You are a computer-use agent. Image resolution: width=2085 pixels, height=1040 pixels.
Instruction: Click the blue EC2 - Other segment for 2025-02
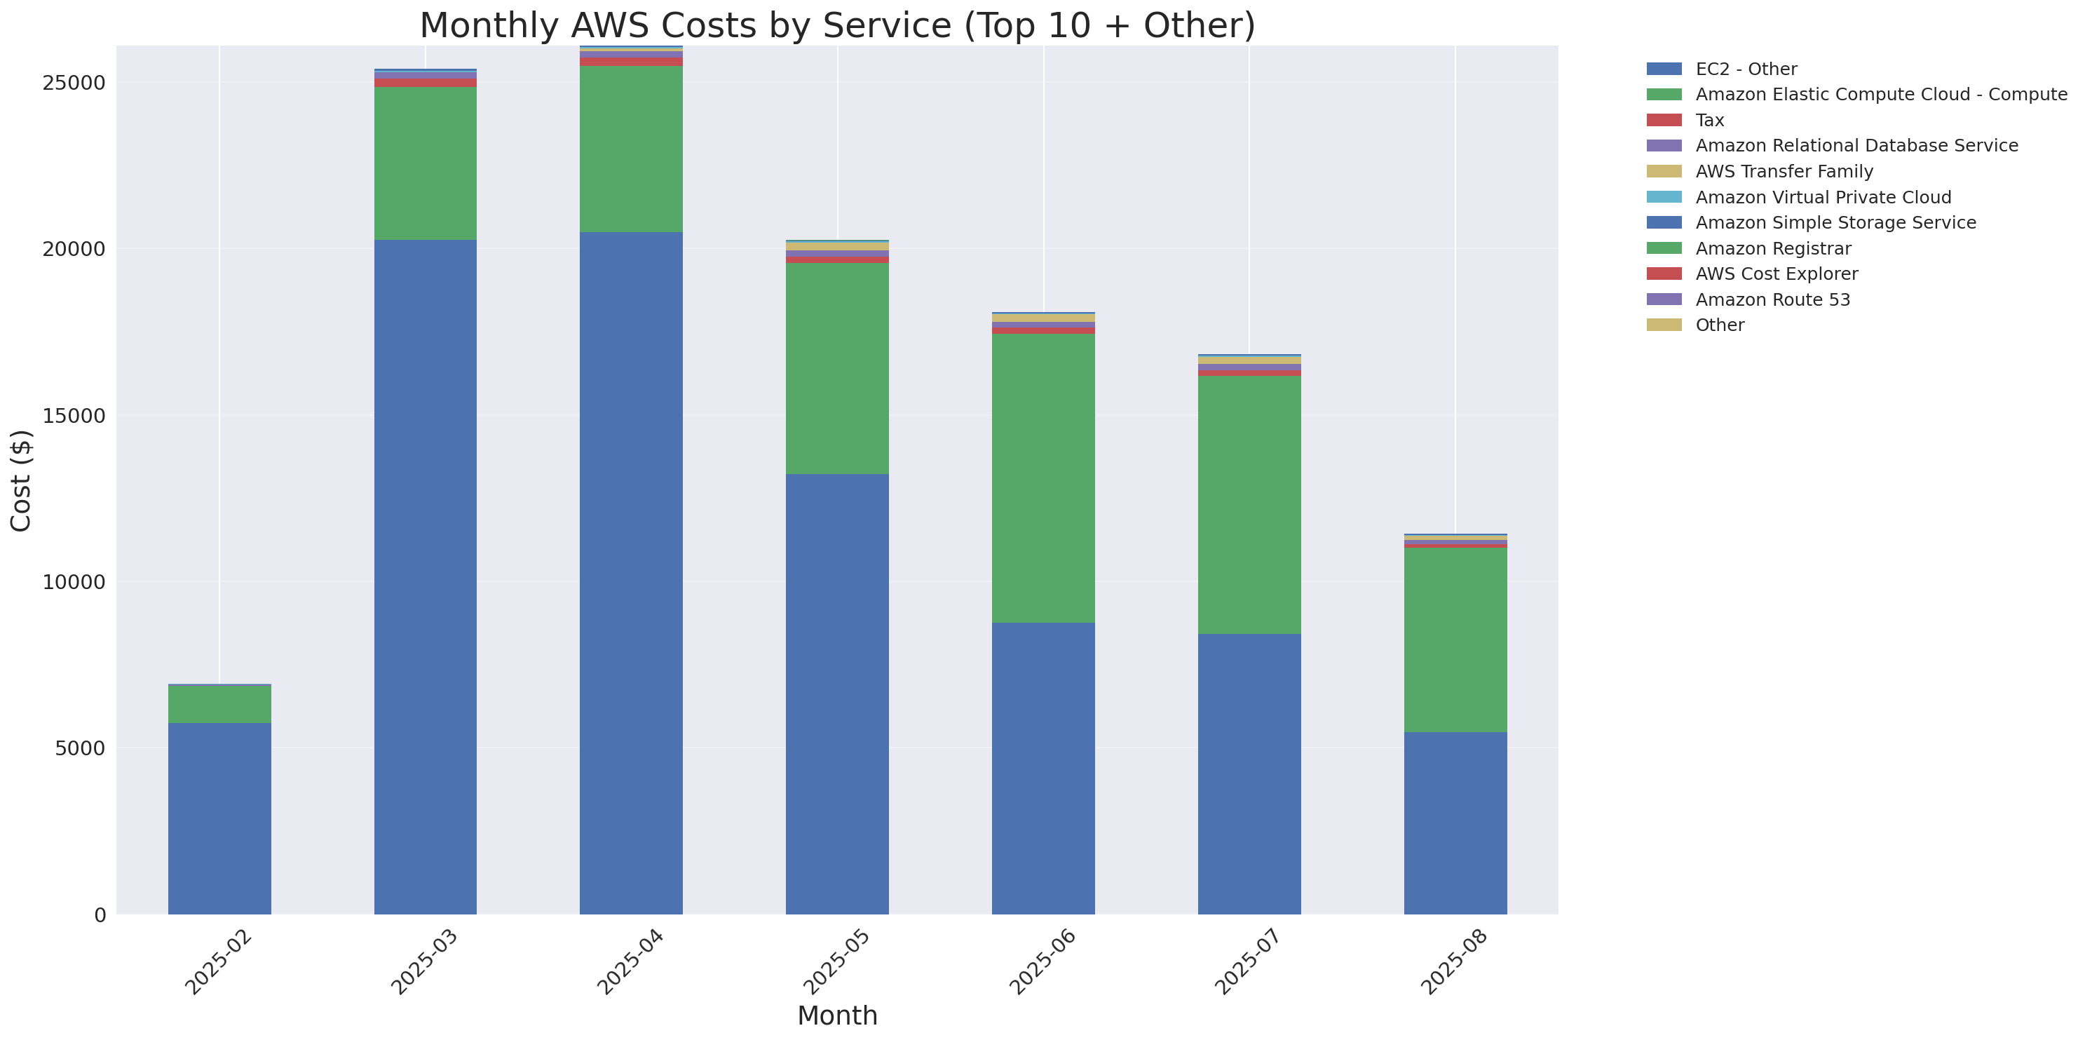[219, 818]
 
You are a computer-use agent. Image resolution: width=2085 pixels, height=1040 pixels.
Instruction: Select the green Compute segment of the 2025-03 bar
[425, 163]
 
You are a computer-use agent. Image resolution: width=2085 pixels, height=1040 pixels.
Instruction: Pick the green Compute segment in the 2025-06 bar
[1042, 478]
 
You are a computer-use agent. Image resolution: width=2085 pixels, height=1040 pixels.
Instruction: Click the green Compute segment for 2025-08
[1455, 640]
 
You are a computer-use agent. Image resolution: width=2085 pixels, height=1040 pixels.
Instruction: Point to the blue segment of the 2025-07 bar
[1249, 774]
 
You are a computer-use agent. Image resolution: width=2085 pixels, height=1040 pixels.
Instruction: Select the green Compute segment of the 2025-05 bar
[837, 368]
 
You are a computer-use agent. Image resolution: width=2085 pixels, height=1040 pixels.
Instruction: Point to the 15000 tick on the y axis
[74, 416]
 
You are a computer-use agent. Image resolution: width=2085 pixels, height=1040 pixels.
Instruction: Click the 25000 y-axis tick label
[74, 83]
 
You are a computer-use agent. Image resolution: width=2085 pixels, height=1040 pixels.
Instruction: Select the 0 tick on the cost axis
[100, 915]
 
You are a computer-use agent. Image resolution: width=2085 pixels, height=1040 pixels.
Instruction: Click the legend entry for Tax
[1709, 121]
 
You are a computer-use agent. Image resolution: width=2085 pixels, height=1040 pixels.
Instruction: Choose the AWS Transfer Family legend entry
[1784, 172]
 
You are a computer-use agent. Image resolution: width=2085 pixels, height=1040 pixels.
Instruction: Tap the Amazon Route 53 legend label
[1772, 300]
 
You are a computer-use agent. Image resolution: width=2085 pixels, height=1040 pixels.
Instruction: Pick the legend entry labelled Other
[1720, 325]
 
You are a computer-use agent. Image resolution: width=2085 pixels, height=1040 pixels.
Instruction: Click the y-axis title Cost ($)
[21, 480]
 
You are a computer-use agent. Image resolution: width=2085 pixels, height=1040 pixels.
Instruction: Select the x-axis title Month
[837, 1015]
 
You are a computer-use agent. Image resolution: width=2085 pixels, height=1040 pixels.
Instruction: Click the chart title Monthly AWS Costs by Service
[837, 25]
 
